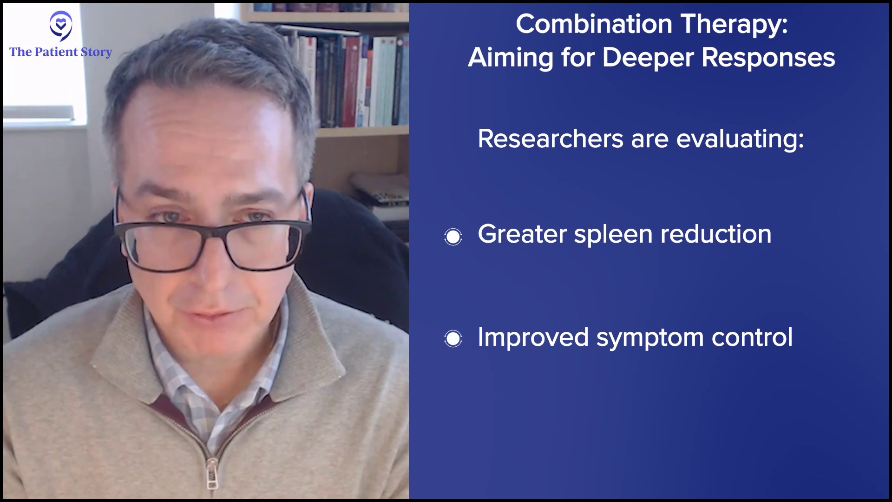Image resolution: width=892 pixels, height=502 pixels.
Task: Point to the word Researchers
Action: pyautogui.click(x=551, y=139)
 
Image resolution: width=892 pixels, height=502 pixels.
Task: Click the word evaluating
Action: pyautogui.click(x=740, y=140)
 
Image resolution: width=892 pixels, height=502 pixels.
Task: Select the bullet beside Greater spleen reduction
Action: pyautogui.click(x=453, y=237)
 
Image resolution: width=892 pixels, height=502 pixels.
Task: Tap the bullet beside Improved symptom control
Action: pyautogui.click(x=453, y=338)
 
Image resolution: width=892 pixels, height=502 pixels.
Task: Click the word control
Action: pyautogui.click(x=752, y=337)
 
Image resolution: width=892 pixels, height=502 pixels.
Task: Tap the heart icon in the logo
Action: pyautogui.click(x=60, y=22)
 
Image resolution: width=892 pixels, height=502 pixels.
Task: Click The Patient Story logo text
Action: pyautogui.click(x=61, y=52)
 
